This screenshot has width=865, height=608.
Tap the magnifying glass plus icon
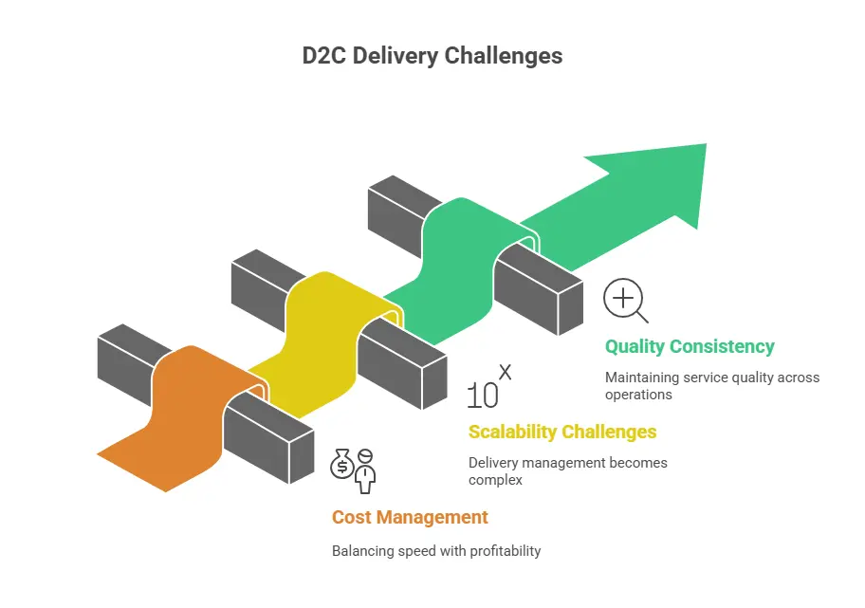pos(625,302)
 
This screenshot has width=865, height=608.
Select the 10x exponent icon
pos(488,387)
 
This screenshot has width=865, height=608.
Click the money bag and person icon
pos(353,470)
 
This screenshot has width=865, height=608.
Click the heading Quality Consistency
pos(690,346)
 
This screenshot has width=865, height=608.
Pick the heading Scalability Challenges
pos(561,432)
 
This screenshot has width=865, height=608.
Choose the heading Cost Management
pos(410,517)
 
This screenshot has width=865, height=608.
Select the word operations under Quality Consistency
pos(638,395)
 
